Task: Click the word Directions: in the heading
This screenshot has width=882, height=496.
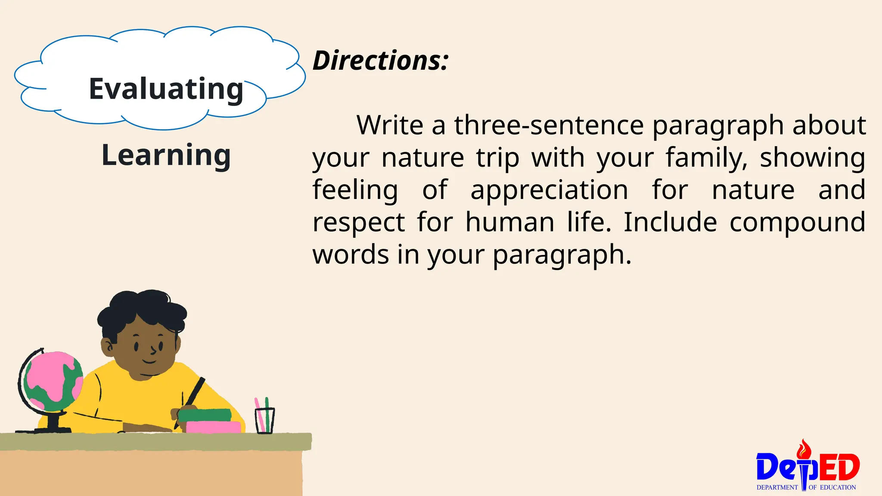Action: click(380, 60)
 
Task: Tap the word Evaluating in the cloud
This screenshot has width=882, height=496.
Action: click(166, 89)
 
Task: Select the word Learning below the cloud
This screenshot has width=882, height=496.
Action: click(166, 155)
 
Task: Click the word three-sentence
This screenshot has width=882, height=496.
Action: click(549, 125)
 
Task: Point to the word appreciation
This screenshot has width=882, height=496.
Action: click(549, 190)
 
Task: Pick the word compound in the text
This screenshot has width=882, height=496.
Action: click(797, 222)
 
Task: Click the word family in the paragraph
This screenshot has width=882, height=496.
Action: click(707, 158)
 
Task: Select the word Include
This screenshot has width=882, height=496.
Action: click(670, 222)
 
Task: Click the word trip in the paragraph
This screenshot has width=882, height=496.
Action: click(498, 158)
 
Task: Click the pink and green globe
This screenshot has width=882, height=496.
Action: click(53, 381)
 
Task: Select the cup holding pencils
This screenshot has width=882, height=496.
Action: click(264, 420)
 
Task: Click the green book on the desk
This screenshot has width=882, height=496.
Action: click(205, 415)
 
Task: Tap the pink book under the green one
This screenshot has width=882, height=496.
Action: click(213, 427)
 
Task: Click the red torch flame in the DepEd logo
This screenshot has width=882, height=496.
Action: click(804, 450)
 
